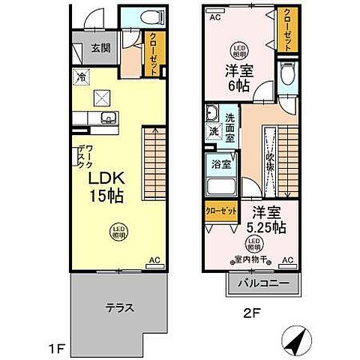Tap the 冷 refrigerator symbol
79,76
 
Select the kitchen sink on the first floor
107,117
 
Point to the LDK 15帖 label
106,187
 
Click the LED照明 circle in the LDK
118,229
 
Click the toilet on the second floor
286,73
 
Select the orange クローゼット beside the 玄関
153,52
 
